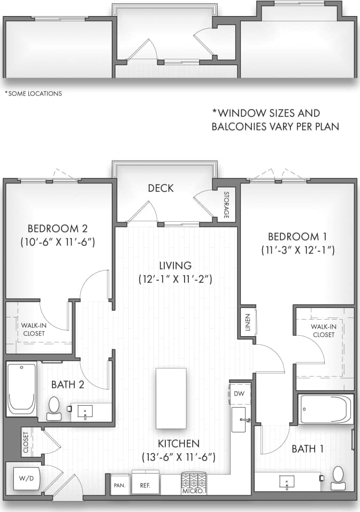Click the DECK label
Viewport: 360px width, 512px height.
click(x=160, y=188)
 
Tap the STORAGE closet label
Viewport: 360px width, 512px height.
click(x=226, y=205)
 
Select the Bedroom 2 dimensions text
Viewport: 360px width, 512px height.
click(x=58, y=242)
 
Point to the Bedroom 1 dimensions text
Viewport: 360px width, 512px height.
click(x=297, y=249)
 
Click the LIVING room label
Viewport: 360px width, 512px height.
click(x=175, y=266)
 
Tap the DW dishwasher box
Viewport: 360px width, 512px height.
click(x=239, y=393)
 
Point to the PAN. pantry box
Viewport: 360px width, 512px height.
click(x=119, y=486)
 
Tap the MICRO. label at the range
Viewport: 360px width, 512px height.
click(x=193, y=491)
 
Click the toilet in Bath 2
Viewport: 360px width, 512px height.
click(x=53, y=408)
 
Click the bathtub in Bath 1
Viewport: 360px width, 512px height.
click(x=326, y=409)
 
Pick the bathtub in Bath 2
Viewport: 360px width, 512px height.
click(x=22, y=389)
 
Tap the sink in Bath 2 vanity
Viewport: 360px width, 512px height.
click(x=86, y=412)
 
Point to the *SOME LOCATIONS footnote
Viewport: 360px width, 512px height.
click(x=33, y=94)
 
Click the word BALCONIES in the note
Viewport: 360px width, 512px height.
click(x=242, y=127)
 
